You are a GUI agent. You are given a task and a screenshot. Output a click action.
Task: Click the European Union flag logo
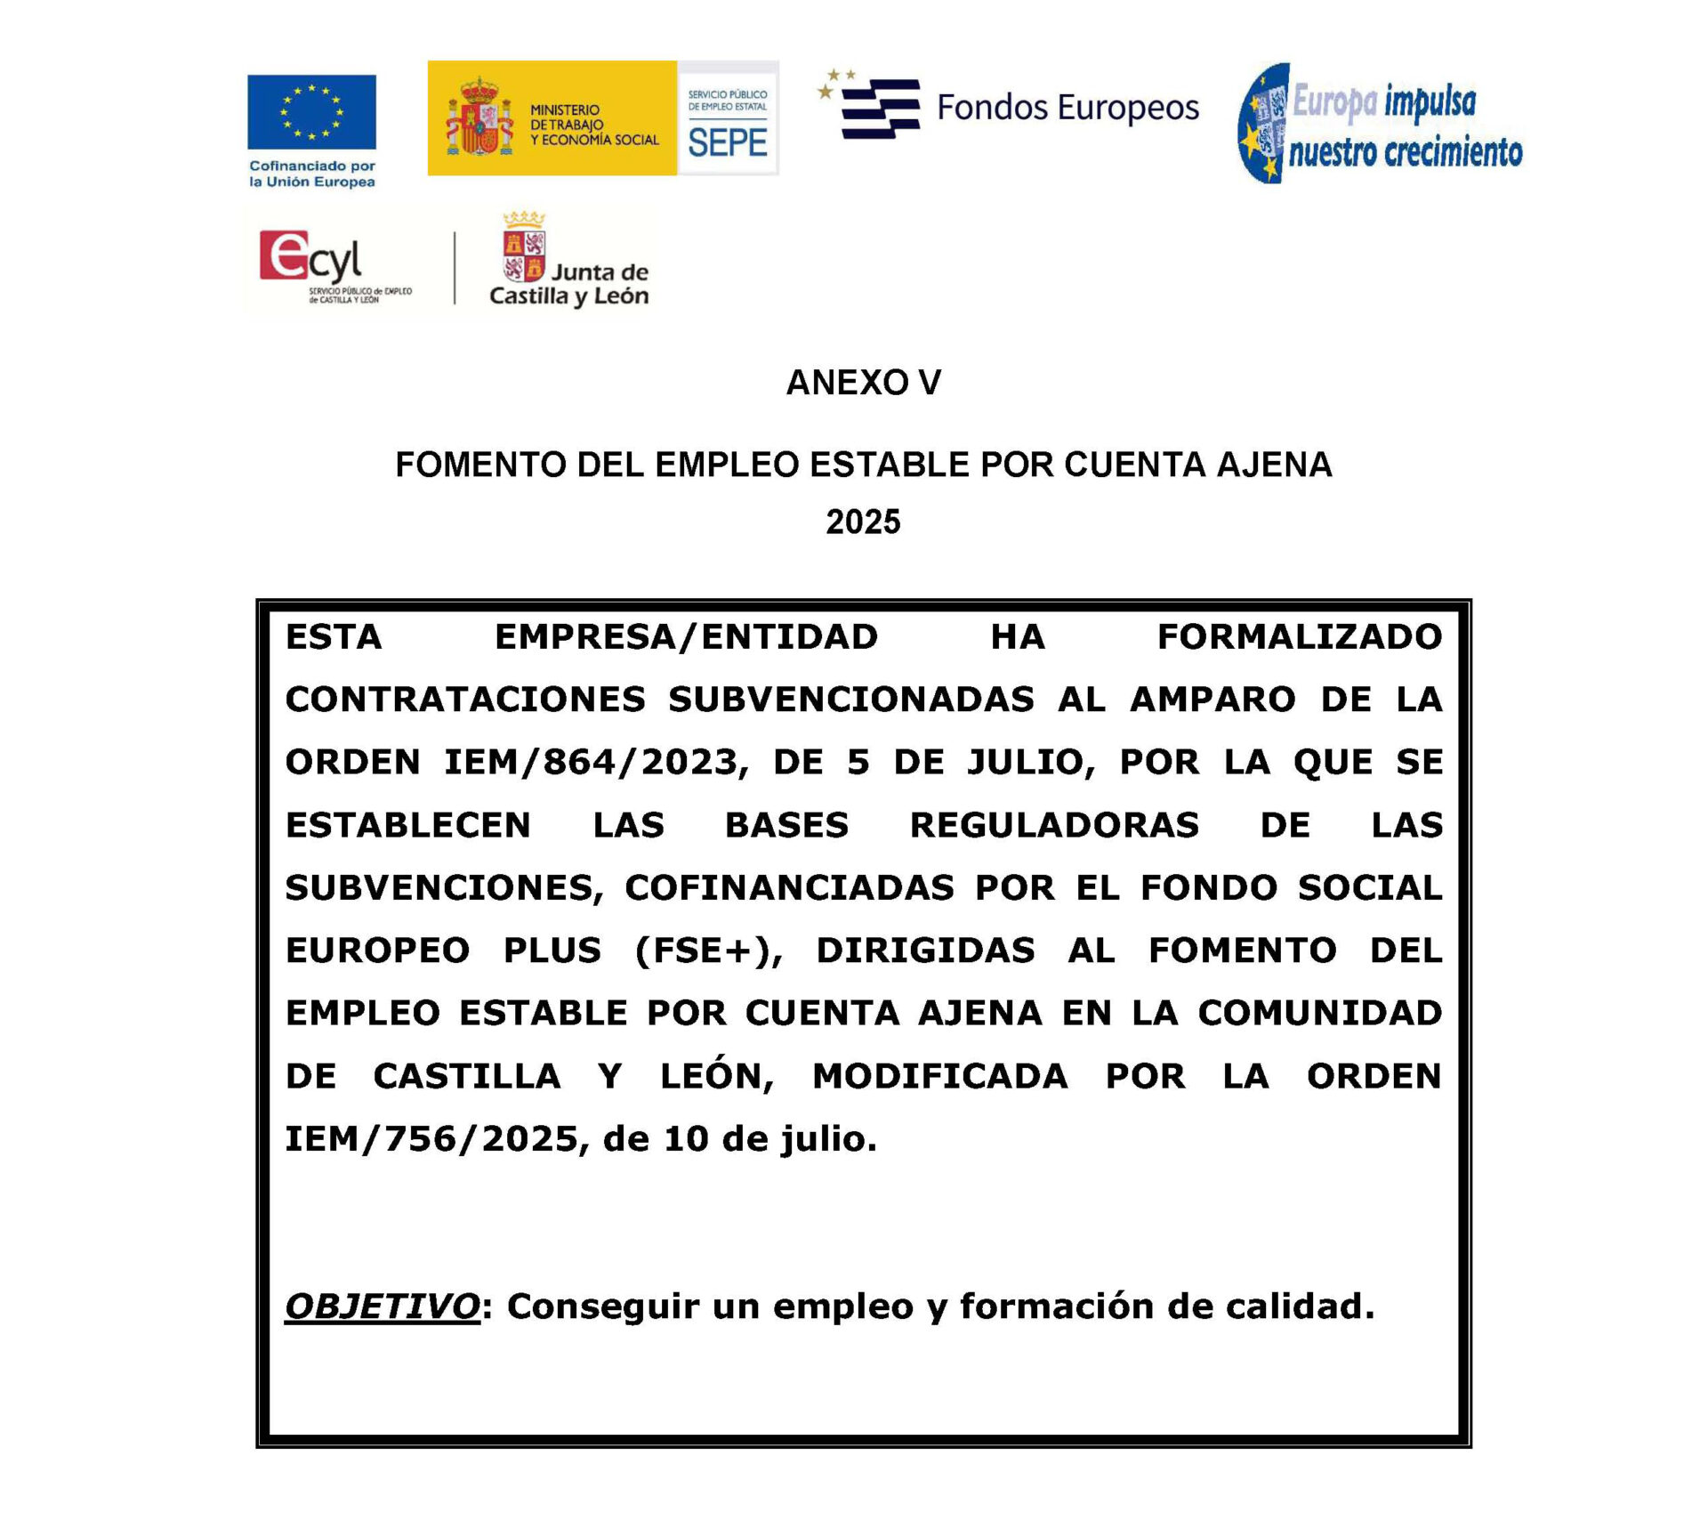tap(311, 112)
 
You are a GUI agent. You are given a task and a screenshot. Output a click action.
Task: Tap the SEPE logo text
tap(727, 142)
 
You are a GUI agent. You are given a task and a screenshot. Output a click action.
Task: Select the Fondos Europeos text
tap(1067, 108)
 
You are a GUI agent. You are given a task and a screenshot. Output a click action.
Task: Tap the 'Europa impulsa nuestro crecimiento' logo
tap(1381, 124)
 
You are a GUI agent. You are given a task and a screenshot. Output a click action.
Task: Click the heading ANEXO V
tap(863, 383)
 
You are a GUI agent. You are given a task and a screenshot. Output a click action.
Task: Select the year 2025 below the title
tap(863, 522)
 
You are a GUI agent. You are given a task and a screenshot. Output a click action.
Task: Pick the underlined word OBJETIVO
tap(383, 1306)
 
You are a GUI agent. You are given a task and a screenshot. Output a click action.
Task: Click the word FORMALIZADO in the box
tap(1299, 637)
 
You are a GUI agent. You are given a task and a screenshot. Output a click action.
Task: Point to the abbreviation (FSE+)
tap(709, 951)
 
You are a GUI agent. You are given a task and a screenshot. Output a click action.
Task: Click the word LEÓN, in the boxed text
tap(717, 1077)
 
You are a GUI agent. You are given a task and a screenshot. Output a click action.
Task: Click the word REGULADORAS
tap(1054, 825)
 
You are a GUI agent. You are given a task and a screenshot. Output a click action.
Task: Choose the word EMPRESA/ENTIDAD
tap(686, 637)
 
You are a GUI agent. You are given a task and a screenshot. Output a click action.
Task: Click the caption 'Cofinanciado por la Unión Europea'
tap(312, 174)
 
